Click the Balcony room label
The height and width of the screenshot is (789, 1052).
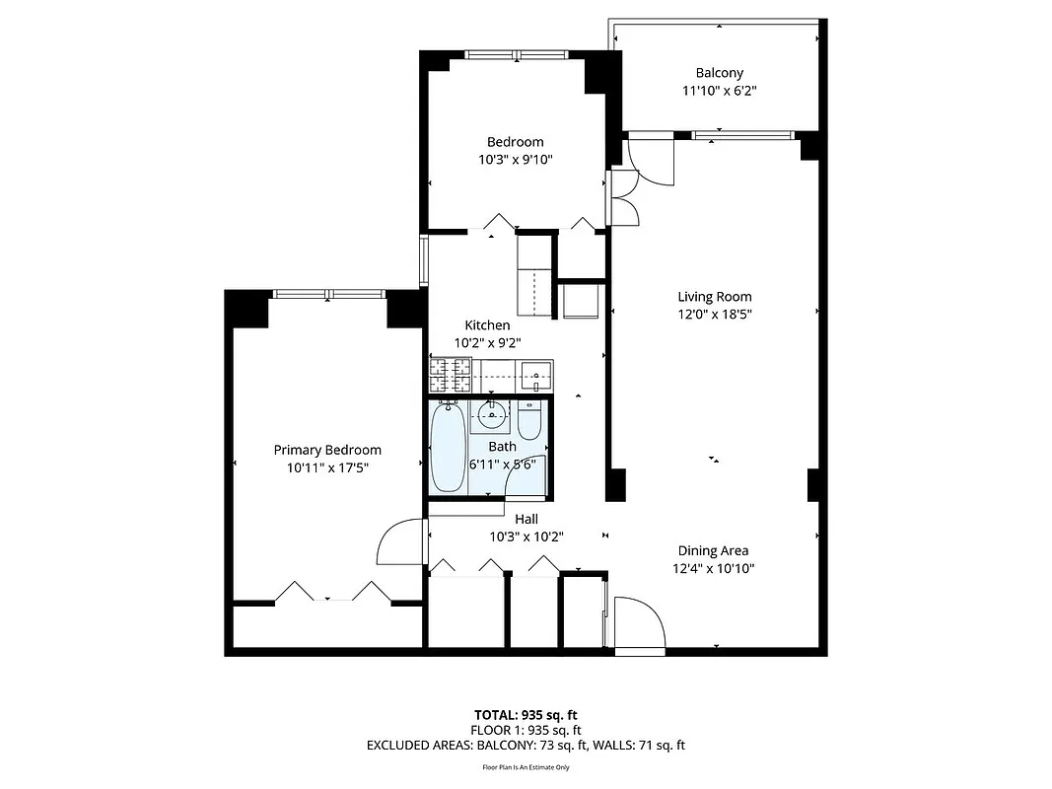[719, 72]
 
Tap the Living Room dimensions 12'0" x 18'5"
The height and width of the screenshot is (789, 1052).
[714, 315]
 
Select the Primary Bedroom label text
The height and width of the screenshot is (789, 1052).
[326, 450]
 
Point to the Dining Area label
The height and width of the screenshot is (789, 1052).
[712, 550]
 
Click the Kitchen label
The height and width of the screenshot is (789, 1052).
[487, 324]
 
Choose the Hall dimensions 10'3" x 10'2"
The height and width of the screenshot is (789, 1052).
[526, 538]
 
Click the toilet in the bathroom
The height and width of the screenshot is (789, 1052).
[529, 421]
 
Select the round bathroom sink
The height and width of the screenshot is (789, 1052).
[491, 415]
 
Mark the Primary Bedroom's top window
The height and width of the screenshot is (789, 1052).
[328, 293]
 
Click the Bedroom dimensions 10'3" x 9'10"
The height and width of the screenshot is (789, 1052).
[515, 160]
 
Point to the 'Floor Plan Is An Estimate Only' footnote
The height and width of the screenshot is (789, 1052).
[525, 766]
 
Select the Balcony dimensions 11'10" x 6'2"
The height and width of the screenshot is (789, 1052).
[719, 90]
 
